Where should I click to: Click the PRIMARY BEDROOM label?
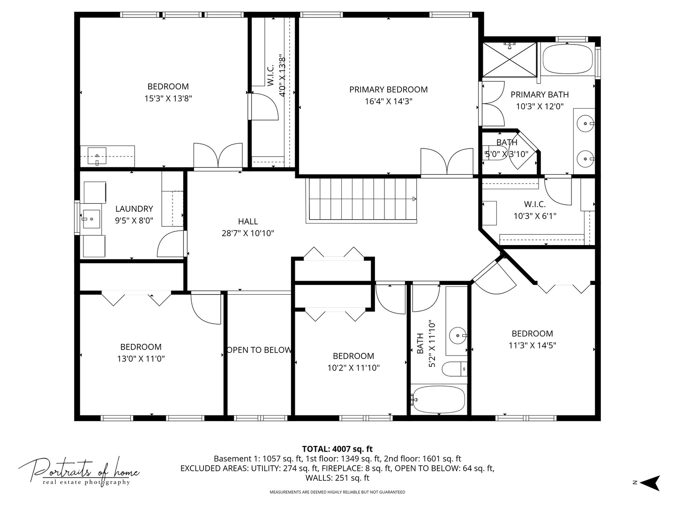click(x=388, y=89)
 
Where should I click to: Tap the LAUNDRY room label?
click(x=134, y=209)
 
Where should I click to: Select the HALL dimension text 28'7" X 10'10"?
click(x=247, y=233)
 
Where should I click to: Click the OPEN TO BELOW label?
click(x=259, y=350)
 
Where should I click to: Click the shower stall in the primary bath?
click(x=509, y=59)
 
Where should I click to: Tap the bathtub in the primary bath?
click(x=568, y=59)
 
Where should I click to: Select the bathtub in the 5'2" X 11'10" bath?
click(x=438, y=399)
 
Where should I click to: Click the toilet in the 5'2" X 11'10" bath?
click(x=455, y=369)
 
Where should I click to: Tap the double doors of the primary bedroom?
click(x=447, y=162)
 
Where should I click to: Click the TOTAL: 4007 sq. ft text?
click(x=337, y=449)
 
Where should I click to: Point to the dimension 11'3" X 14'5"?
click(x=532, y=346)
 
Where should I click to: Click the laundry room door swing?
click(x=171, y=244)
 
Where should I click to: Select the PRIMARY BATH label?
click(x=540, y=95)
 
